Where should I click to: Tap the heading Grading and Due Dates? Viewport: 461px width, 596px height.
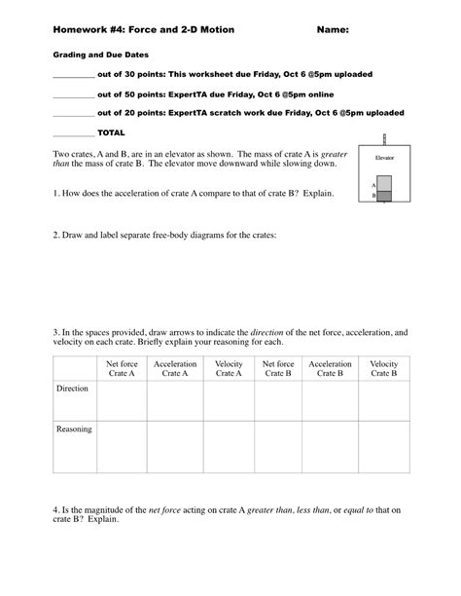[91, 56]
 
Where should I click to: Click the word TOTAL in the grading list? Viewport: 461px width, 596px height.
[111, 131]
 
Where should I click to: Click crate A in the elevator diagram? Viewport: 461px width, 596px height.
[384, 182]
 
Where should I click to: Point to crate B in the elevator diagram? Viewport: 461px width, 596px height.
[384, 195]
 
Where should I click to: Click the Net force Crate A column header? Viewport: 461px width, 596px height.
[122, 368]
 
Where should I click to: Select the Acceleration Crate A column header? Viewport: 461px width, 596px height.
[175, 368]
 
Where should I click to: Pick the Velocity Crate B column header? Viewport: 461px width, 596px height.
[384, 368]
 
